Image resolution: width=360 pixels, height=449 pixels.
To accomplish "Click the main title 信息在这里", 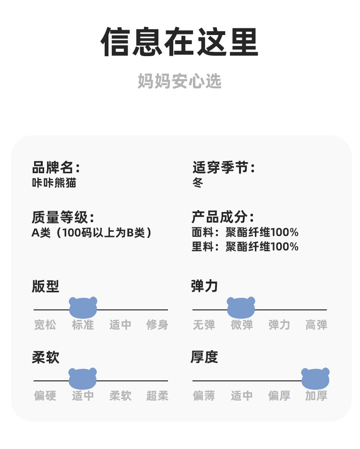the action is click(x=180, y=42).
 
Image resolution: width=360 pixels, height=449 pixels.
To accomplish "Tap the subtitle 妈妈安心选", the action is click(x=180, y=81).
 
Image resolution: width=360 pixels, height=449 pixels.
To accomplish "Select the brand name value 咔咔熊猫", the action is click(x=54, y=182).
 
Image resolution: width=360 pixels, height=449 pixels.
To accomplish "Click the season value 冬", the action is click(x=198, y=182).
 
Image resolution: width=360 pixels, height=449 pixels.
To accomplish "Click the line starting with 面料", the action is click(x=245, y=232).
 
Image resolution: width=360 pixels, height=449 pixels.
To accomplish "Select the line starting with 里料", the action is click(x=245, y=247).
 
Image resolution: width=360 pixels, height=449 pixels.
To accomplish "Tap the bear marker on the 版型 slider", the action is click(x=83, y=307).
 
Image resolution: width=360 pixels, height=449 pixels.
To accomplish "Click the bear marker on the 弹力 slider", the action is click(x=241, y=307).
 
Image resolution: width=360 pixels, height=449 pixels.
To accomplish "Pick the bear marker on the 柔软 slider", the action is click(x=83, y=378).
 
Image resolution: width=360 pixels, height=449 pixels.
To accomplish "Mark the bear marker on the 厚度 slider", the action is click(x=315, y=378).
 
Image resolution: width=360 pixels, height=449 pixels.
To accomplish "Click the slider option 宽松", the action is click(x=45, y=325).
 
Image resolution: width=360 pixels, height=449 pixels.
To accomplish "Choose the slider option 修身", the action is click(x=157, y=325).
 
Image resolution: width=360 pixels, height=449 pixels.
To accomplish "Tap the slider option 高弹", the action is click(x=316, y=325).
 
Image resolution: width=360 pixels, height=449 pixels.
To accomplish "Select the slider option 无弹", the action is click(x=204, y=325).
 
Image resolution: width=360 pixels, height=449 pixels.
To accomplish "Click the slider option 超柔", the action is click(x=157, y=396).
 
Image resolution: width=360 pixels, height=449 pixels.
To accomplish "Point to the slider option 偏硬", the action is click(x=45, y=396).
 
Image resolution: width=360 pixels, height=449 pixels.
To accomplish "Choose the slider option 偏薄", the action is click(x=204, y=396).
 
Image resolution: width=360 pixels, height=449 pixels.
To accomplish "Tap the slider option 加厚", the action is click(x=316, y=396).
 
